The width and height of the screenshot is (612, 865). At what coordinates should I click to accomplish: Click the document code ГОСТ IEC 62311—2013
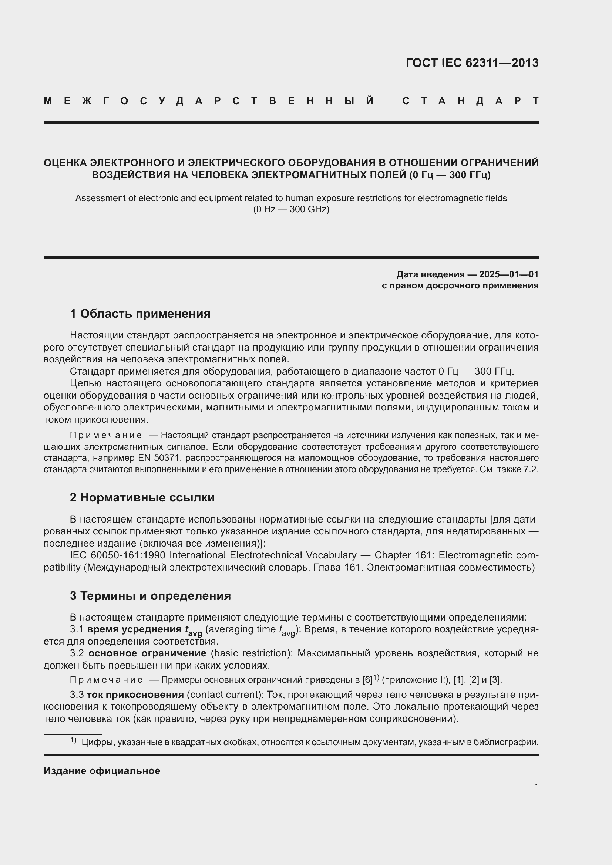point(472,63)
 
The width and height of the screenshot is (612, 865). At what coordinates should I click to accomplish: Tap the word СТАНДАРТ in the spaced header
point(470,101)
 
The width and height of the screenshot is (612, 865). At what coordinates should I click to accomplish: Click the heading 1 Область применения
point(140,314)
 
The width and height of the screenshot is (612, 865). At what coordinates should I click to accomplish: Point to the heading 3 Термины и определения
point(150,596)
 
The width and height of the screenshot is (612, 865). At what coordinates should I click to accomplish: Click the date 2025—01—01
point(508,274)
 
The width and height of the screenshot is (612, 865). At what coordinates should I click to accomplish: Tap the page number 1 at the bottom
point(536,787)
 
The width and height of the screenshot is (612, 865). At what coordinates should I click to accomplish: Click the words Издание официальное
point(102,771)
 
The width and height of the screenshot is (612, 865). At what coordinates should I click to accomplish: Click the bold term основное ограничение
point(147,653)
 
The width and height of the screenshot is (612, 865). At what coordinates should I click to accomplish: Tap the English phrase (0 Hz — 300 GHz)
point(291,209)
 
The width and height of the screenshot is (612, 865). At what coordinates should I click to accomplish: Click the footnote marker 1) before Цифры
point(73,740)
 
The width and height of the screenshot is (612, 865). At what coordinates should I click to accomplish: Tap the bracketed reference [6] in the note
point(367,680)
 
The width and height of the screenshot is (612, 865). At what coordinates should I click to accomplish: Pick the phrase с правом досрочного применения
point(460,285)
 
